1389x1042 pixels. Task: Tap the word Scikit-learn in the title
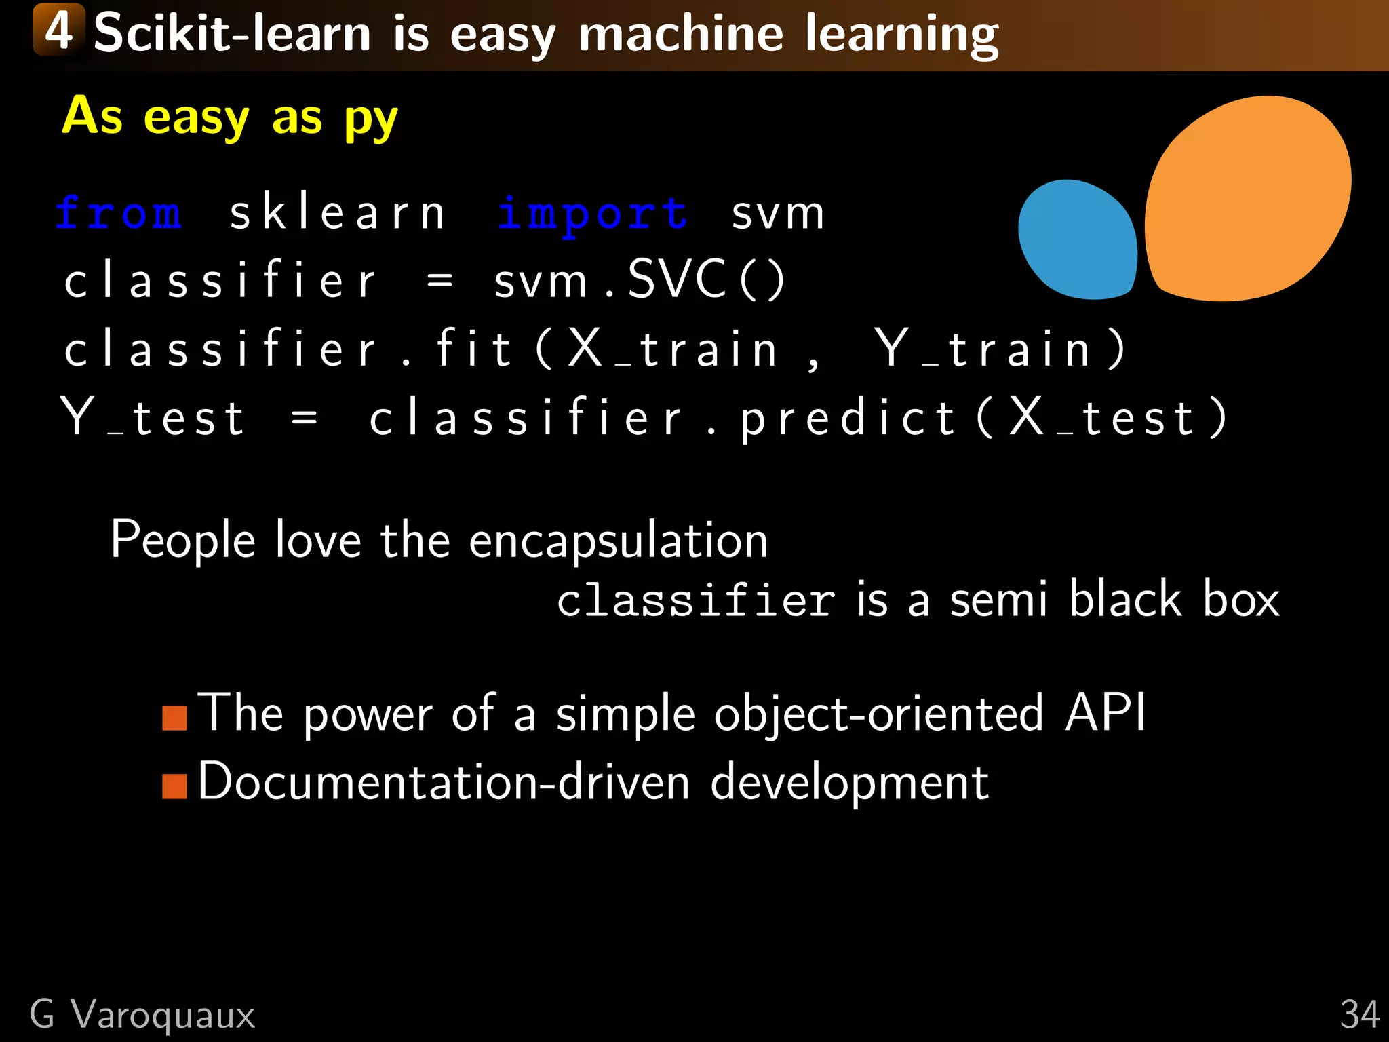pyautogui.click(x=232, y=34)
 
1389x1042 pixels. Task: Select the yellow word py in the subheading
pyautogui.click(x=370, y=119)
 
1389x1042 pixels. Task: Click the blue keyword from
pyautogui.click(x=119, y=213)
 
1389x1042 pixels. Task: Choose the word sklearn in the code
pyautogui.click(x=337, y=213)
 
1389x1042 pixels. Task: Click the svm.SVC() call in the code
pyautogui.click(x=639, y=279)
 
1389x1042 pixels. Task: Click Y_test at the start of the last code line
pyautogui.click(x=153, y=417)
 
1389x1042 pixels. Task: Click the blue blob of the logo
pyautogui.click(x=1077, y=239)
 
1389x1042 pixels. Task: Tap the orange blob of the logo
pyautogui.click(x=1248, y=198)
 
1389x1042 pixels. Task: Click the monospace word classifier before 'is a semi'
pyautogui.click(x=696, y=600)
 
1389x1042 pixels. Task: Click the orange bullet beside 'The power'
pyautogui.click(x=174, y=717)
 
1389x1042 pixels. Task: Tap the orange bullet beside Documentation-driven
pyautogui.click(x=174, y=786)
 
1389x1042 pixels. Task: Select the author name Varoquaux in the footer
pyautogui.click(x=163, y=1016)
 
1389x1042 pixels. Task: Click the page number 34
pyautogui.click(x=1359, y=1016)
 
